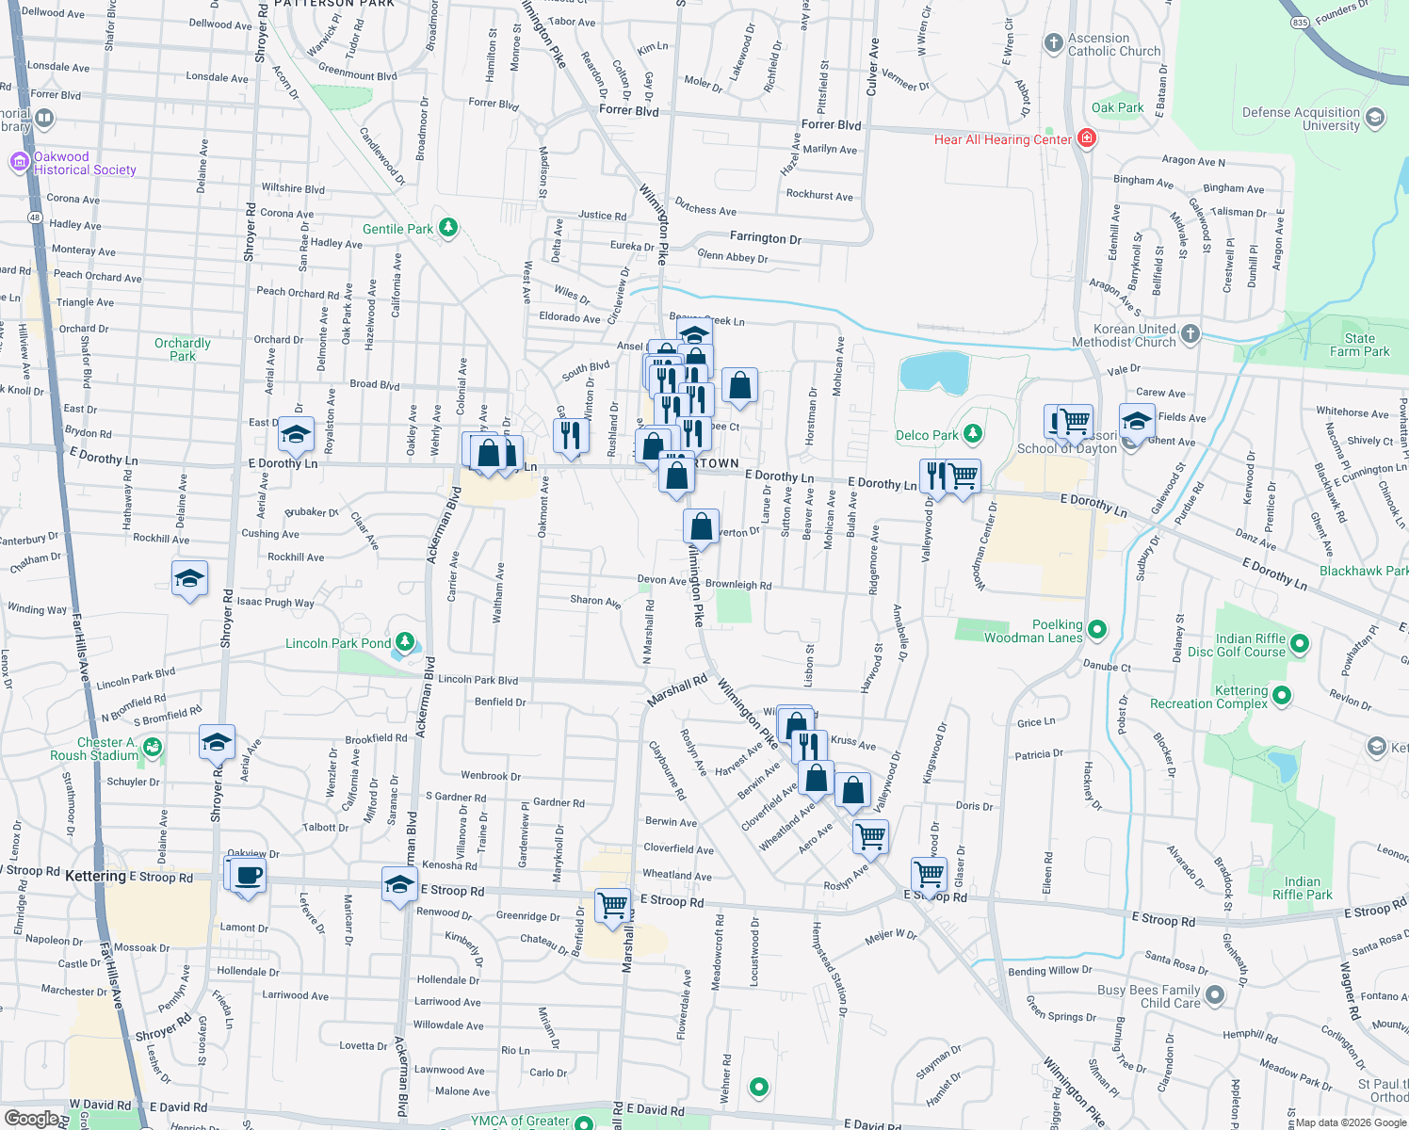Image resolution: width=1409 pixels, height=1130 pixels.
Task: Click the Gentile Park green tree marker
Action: coord(448,228)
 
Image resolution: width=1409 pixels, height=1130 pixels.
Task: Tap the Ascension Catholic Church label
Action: coord(1114,45)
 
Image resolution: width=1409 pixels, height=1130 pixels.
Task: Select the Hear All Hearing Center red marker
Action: coord(1087,139)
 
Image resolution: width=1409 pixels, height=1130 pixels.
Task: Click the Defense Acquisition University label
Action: coord(1301,119)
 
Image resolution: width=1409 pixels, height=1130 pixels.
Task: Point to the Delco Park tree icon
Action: coord(973,434)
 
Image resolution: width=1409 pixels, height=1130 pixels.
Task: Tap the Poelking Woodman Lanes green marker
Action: coord(1097,629)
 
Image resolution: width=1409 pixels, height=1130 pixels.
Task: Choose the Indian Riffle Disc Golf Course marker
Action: coord(1300,644)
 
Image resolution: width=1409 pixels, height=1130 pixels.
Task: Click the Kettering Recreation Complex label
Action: coord(1208,697)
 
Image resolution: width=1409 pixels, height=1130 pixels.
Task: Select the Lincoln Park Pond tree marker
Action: coord(405,642)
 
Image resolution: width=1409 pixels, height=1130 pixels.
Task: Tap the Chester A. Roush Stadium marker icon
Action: coord(153,748)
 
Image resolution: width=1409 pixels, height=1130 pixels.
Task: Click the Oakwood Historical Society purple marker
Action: coord(19,162)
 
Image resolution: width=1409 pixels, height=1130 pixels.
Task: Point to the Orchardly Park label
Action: coord(183,349)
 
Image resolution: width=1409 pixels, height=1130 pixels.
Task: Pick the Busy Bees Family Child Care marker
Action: coord(1215,994)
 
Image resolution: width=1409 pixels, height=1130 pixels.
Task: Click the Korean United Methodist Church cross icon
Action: coord(1190,333)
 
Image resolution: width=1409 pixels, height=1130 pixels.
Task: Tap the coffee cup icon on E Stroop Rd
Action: coord(249,875)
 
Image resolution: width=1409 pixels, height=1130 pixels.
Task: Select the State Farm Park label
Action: coord(1359,345)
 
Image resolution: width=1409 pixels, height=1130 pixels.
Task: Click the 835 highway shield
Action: coord(1300,22)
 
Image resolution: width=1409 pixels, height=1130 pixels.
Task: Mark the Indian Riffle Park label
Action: coord(1302,888)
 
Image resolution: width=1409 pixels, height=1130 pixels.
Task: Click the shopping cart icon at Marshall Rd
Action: coord(613,905)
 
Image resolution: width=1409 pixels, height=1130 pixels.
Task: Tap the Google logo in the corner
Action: coord(31,1119)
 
